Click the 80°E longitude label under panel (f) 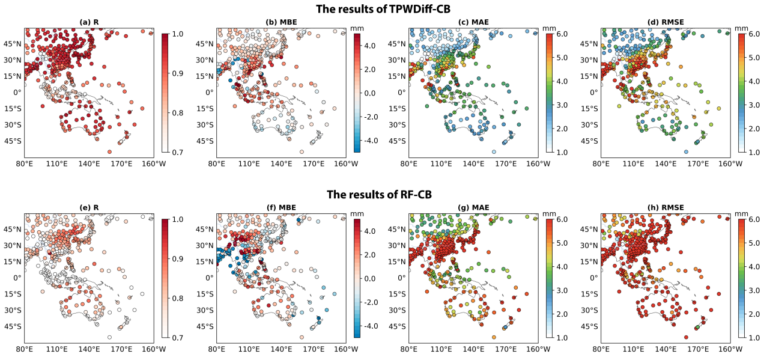[217, 349]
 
